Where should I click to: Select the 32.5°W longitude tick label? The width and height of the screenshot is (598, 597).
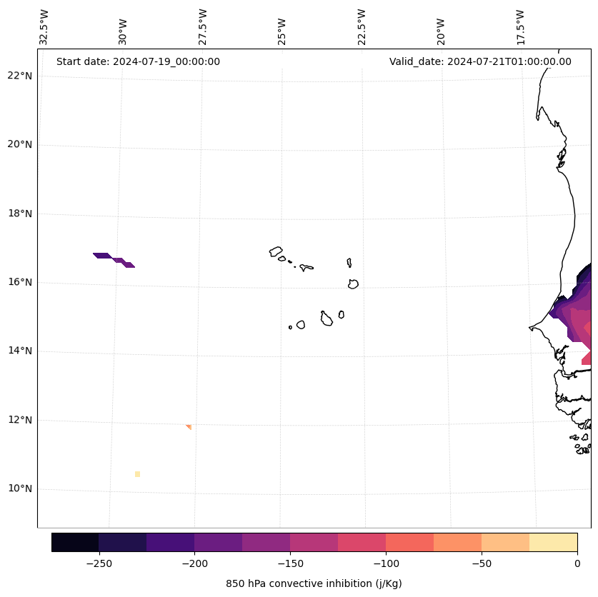(x=44, y=27)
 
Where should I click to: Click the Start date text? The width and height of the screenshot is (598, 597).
(x=138, y=61)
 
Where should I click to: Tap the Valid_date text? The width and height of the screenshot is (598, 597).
(x=480, y=61)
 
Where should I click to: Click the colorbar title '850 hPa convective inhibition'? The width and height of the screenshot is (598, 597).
(x=314, y=583)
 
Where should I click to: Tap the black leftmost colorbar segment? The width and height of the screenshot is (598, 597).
(x=75, y=542)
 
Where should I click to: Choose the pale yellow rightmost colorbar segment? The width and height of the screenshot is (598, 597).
(x=553, y=542)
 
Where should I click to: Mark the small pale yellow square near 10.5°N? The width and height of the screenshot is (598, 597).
(x=137, y=474)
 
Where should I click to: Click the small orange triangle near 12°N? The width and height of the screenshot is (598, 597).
(x=189, y=426)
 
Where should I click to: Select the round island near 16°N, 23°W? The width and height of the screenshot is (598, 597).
(x=353, y=284)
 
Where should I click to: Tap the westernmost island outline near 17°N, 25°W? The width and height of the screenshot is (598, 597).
(x=276, y=251)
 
